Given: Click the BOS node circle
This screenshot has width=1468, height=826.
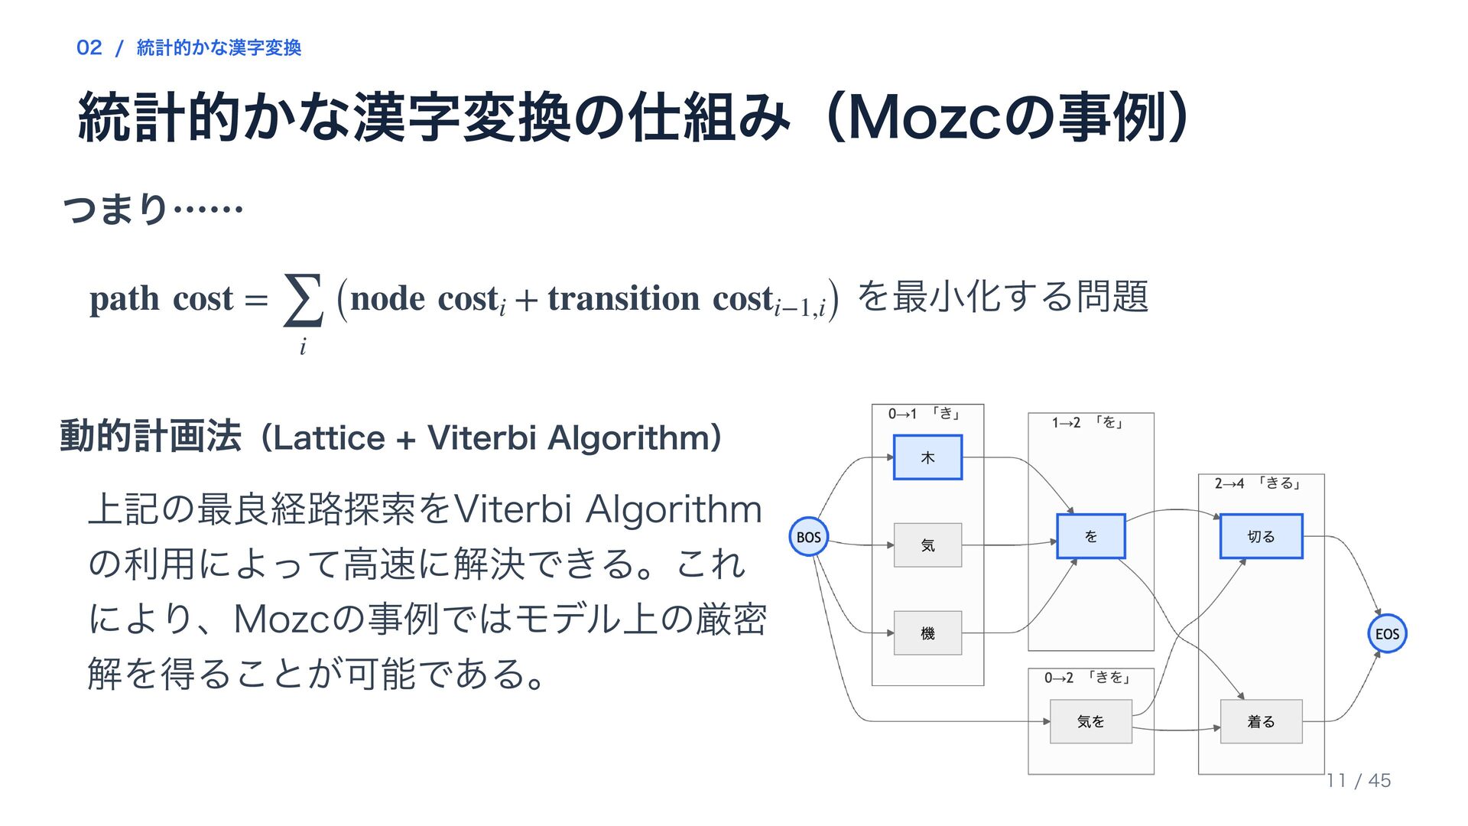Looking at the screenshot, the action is pyautogui.click(x=808, y=537).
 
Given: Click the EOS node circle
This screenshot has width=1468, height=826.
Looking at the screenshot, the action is pyautogui.click(x=1387, y=633).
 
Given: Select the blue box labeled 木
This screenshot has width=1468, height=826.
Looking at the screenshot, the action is pyautogui.click(x=927, y=457).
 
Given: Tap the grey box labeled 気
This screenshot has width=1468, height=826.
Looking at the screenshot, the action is pyautogui.click(x=927, y=545).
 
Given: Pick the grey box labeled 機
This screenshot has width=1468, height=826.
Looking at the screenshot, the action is pyautogui.click(x=927, y=633).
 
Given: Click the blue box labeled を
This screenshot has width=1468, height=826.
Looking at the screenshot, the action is pyautogui.click(x=1091, y=536).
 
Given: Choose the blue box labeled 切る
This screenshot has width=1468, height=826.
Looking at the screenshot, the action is pyautogui.click(x=1261, y=536).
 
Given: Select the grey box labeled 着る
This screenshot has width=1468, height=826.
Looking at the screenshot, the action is pyautogui.click(x=1261, y=721).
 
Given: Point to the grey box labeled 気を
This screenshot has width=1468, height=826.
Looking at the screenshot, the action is pyautogui.click(x=1091, y=721).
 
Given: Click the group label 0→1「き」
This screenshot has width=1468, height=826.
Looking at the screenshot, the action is pyautogui.click(x=924, y=414).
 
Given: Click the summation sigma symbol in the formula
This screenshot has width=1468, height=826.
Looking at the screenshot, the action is pyautogui.click(x=303, y=300).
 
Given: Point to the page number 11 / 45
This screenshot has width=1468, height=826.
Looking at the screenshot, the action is pyautogui.click(x=1359, y=780).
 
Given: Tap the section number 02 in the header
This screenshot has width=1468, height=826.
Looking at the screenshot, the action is pyautogui.click(x=89, y=47).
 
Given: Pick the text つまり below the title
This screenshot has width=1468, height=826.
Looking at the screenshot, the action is pyautogui.click(x=115, y=208).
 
